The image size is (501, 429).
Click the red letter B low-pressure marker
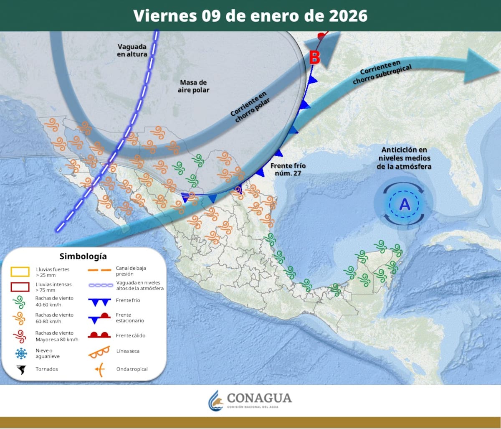coord(314,57)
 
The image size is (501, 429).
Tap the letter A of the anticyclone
coord(405,205)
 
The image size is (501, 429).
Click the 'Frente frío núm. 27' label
coord(288,169)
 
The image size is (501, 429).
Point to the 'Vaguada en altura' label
coord(132,51)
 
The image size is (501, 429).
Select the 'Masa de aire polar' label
coord(193,86)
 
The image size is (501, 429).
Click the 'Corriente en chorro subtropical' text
coord(382,71)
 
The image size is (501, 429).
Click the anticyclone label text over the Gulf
coord(404,158)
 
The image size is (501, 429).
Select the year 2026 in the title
coord(348,16)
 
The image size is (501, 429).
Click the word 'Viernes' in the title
coord(165,16)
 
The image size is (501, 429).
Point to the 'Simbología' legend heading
coord(83,256)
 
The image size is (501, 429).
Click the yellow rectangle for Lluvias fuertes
coord(20,272)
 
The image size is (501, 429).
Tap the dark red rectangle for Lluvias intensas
coord(20,287)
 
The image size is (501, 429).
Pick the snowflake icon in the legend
coord(20,353)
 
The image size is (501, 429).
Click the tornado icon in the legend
coord(20,369)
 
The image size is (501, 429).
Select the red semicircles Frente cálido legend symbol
coord(99,335)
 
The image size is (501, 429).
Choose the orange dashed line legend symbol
coord(99,270)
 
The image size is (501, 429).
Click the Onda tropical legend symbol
coord(99,369)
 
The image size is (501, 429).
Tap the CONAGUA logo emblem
coord(216,401)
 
